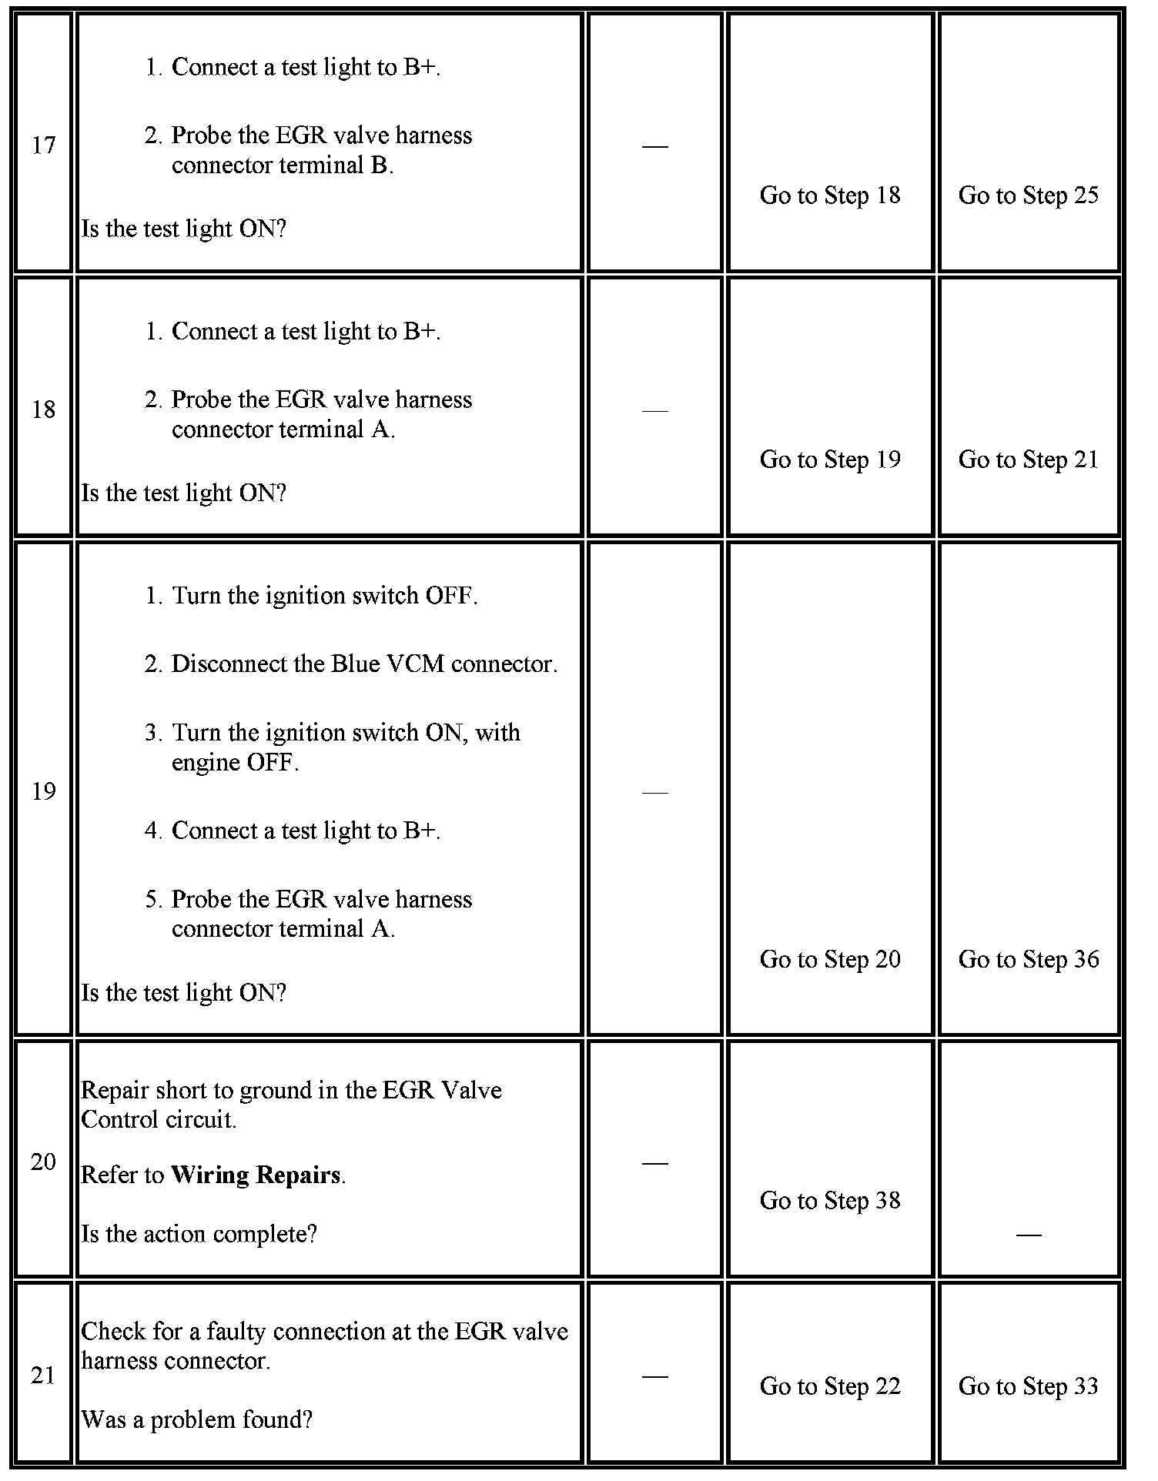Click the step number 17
[x=43, y=145]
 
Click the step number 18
[x=43, y=410]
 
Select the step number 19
[x=43, y=791]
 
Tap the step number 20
[x=43, y=1162]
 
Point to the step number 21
[x=43, y=1375]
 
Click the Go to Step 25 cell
[x=1028, y=196]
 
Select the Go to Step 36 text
[x=1028, y=959]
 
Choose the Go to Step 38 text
[x=829, y=1200]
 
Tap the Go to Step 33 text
[x=1028, y=1386]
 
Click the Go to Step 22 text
[x=829, y=1386]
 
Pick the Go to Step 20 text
[x=829, y=959]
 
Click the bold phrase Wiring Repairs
[x=256, y=1175]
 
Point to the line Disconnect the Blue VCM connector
[x=363, y=664]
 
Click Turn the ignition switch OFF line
[x=324, y=596]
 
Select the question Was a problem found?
[x=196, y=1419]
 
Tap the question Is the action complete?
[x=199, y=1234]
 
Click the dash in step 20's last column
[x=1028, y=1235]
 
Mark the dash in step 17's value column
[x=654, y=145]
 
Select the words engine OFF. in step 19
[x=235, y=762]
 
